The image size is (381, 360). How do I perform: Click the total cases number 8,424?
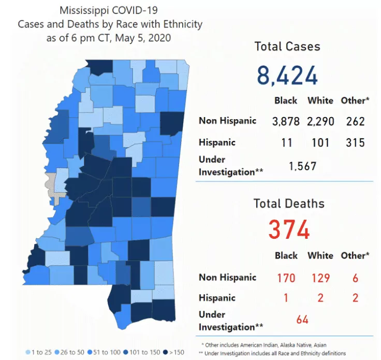point(287,76)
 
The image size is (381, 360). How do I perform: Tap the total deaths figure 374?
point(289,229)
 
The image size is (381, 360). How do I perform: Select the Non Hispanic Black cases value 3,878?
point(286,122)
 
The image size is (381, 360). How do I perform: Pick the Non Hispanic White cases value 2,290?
point(320,122)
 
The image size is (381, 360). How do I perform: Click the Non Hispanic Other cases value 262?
point(355,122)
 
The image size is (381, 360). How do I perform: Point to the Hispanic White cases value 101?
point(320,142)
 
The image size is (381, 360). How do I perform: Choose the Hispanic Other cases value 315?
point(355,142)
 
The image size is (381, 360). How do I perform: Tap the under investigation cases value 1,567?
point(302,166)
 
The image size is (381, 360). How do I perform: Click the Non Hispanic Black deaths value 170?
point(286,278)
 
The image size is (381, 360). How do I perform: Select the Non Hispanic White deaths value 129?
point(320,278)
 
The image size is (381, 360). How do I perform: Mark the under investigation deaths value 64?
point(302,320)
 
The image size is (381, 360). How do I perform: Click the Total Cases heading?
point(287,47)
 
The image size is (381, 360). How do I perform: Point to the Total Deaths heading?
point(289,204)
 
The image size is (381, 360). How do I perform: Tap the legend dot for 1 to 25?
point(28,352)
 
